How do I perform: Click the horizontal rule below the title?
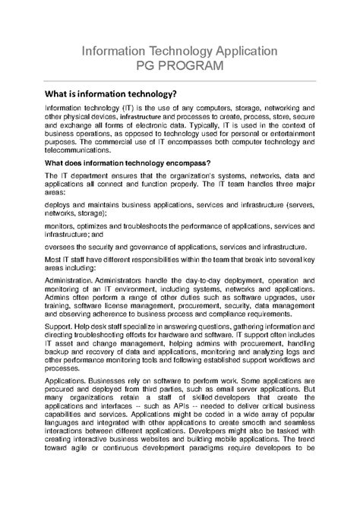coord(180,80)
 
